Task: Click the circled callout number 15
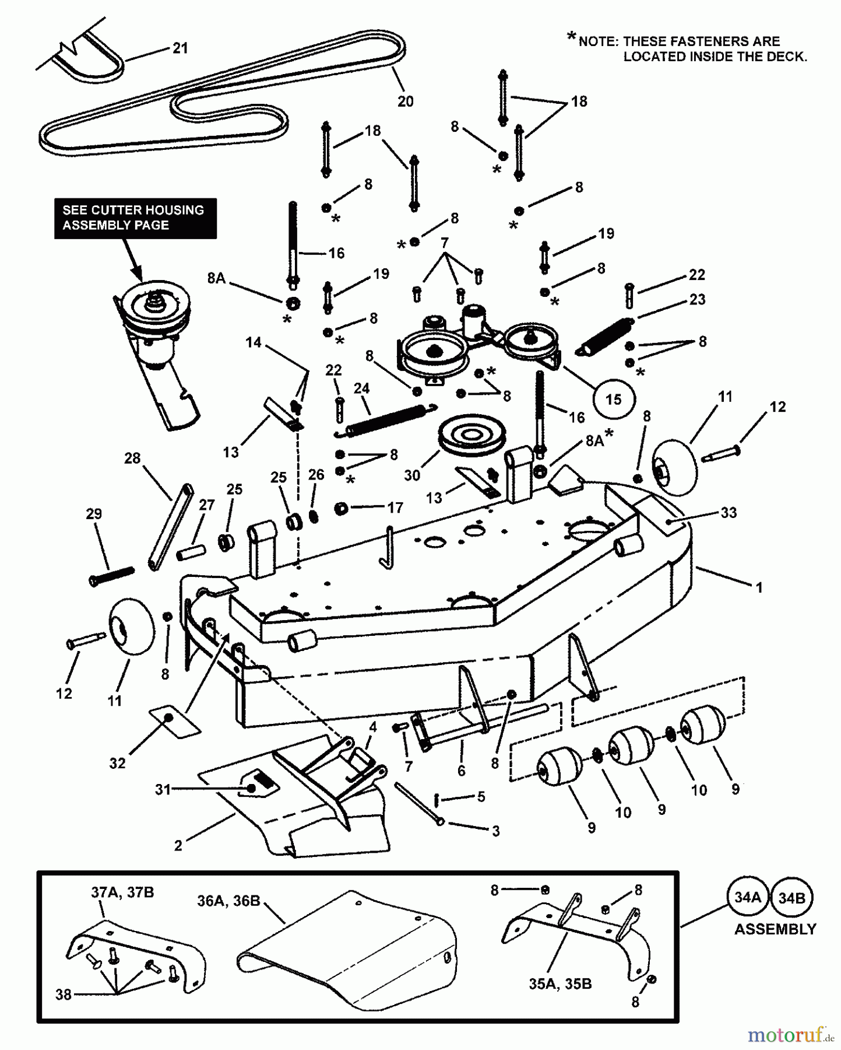(x=613, y=400)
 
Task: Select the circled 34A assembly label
(x=748, y=897)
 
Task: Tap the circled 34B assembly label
(x=791, y=897)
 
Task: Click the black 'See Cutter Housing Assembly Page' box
(x=135, y=218)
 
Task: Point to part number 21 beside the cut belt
(x=181, y=48)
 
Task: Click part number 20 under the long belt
(x=405, y=101)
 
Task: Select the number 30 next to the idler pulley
(x=412, y=475)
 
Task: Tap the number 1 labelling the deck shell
(x=759, y=588)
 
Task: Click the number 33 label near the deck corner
(x=729, y=512)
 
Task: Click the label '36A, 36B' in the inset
(x=228, y=901)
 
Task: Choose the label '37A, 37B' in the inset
(x=122, y=892)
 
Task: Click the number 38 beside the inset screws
(x=64, y=995)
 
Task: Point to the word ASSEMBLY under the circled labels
(x=775, y=929)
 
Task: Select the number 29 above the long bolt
(x=94, y=514)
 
